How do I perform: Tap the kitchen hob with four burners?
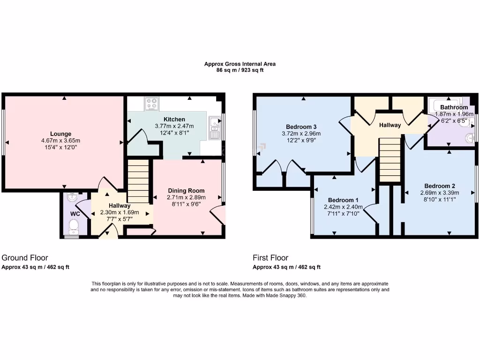point(151,104)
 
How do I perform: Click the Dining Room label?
point(186,191)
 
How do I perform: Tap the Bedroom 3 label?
point(301,127)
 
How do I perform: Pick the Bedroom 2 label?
point(440,185)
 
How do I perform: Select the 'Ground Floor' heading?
point(25,257)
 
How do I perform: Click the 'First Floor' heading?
point(270,257)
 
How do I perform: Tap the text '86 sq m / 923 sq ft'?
point(240,70)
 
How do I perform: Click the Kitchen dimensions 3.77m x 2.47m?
point(174,126)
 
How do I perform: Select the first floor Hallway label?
point(390,125)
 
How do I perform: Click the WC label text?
point(75,214)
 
